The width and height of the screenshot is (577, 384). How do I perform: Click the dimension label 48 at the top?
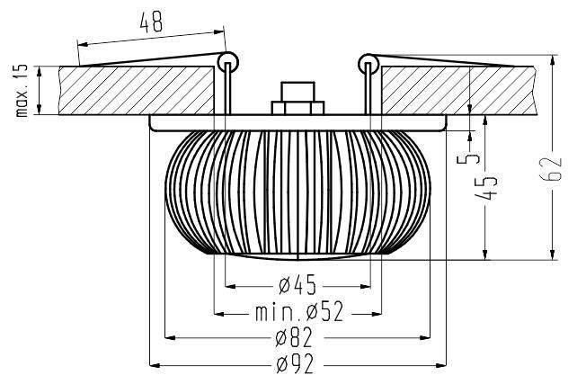click(151, 23)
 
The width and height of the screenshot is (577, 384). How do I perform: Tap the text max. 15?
click(22, 91)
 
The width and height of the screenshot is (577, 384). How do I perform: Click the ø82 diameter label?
click(295, 337)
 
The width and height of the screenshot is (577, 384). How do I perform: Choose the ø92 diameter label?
click(295, 364)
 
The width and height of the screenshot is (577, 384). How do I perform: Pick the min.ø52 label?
click(299, 312)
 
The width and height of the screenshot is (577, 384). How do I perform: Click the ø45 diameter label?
click(297, 285)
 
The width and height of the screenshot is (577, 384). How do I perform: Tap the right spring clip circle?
click(368, 64)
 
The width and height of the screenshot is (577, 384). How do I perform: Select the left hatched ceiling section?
click(136, 91)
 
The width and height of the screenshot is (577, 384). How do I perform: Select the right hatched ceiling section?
click(457, 91)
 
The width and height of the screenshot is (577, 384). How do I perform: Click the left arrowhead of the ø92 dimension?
click(155, 366)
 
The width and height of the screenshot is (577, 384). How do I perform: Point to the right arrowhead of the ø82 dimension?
click(425, 337)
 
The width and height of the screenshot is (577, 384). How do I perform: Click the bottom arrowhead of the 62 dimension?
click(552, 255)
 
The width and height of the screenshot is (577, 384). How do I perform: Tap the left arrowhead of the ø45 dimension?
click(230, 286)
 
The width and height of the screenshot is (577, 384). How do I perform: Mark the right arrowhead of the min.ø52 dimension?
click(376, 314)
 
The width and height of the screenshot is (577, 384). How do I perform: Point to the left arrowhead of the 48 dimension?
click(84, 44)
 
